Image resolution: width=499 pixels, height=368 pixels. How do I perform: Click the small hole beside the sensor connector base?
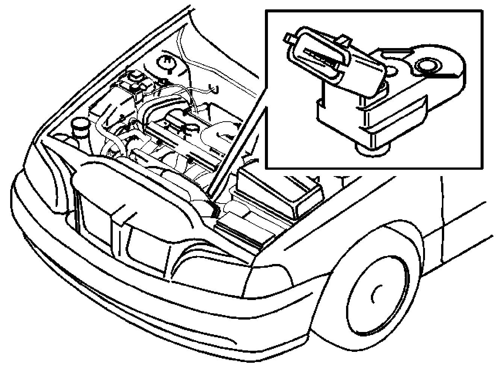[391, 70]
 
